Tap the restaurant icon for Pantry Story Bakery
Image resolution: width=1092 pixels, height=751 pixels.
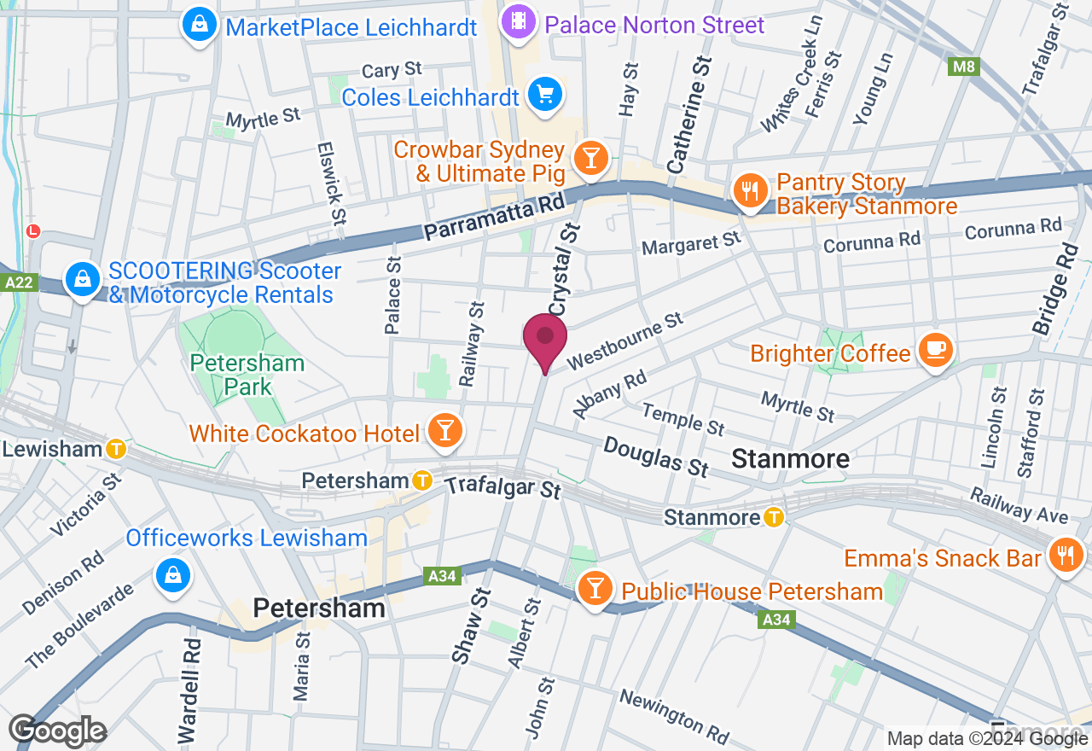point(750,192)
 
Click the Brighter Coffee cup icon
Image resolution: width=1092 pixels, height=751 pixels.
point(935,350)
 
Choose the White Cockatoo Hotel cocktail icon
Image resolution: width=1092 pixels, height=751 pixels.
point(444,431)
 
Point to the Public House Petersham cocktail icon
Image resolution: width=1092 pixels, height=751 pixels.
point(595,589)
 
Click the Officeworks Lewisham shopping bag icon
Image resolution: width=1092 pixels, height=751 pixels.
point(173,575)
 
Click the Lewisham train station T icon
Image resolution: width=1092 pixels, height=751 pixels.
point(116,448)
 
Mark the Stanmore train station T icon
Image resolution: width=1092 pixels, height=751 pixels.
point(773,516)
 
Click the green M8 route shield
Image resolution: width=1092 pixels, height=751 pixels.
point(962,66)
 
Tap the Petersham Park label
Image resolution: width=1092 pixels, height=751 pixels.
point(247,375)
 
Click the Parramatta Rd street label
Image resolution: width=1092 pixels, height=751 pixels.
point(495,218)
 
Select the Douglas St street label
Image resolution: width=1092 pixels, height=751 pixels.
point(656,457)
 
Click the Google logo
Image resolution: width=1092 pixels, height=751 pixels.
point(58,731)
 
